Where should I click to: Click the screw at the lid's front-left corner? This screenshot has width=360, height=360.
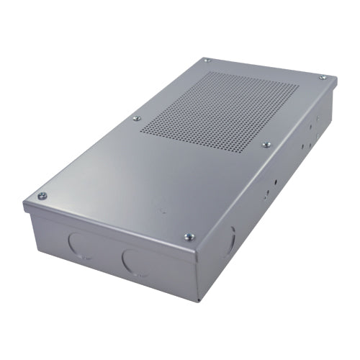coord(42,195)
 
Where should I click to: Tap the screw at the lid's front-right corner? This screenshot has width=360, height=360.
coord(189,235)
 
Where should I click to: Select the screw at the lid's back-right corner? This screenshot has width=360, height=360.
coord(323,77)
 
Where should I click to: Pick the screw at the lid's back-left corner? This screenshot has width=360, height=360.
coord(207,60)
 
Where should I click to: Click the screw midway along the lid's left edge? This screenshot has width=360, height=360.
coord(136,118)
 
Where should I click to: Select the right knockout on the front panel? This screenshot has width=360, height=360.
coord(135,261)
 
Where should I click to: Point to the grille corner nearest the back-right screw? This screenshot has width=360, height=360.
coord(299,86)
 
